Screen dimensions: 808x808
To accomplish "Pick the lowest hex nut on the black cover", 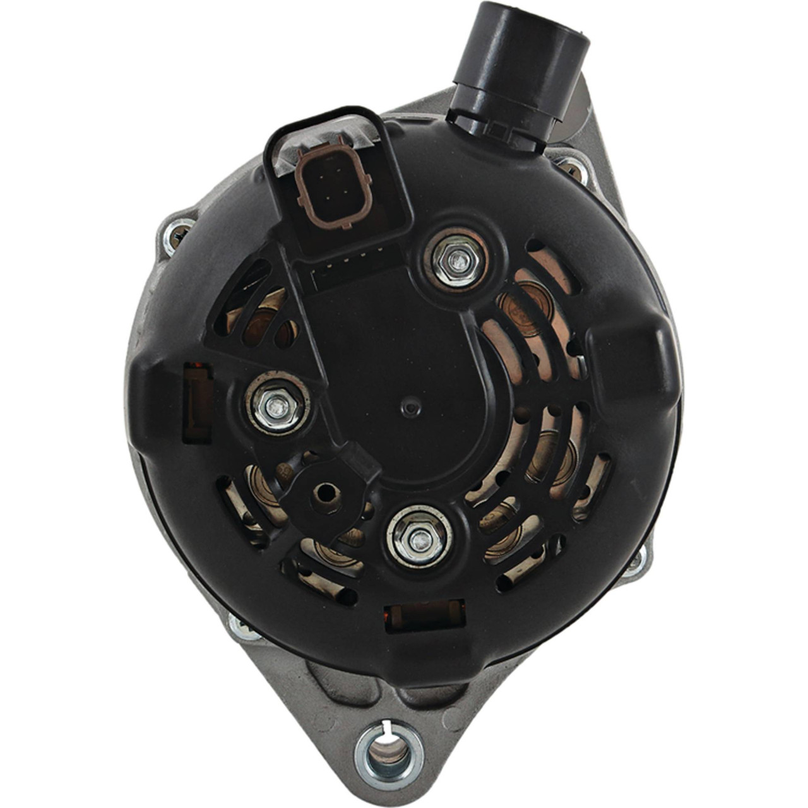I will [419, 538].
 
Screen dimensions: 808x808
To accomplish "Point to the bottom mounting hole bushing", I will [389, 752].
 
